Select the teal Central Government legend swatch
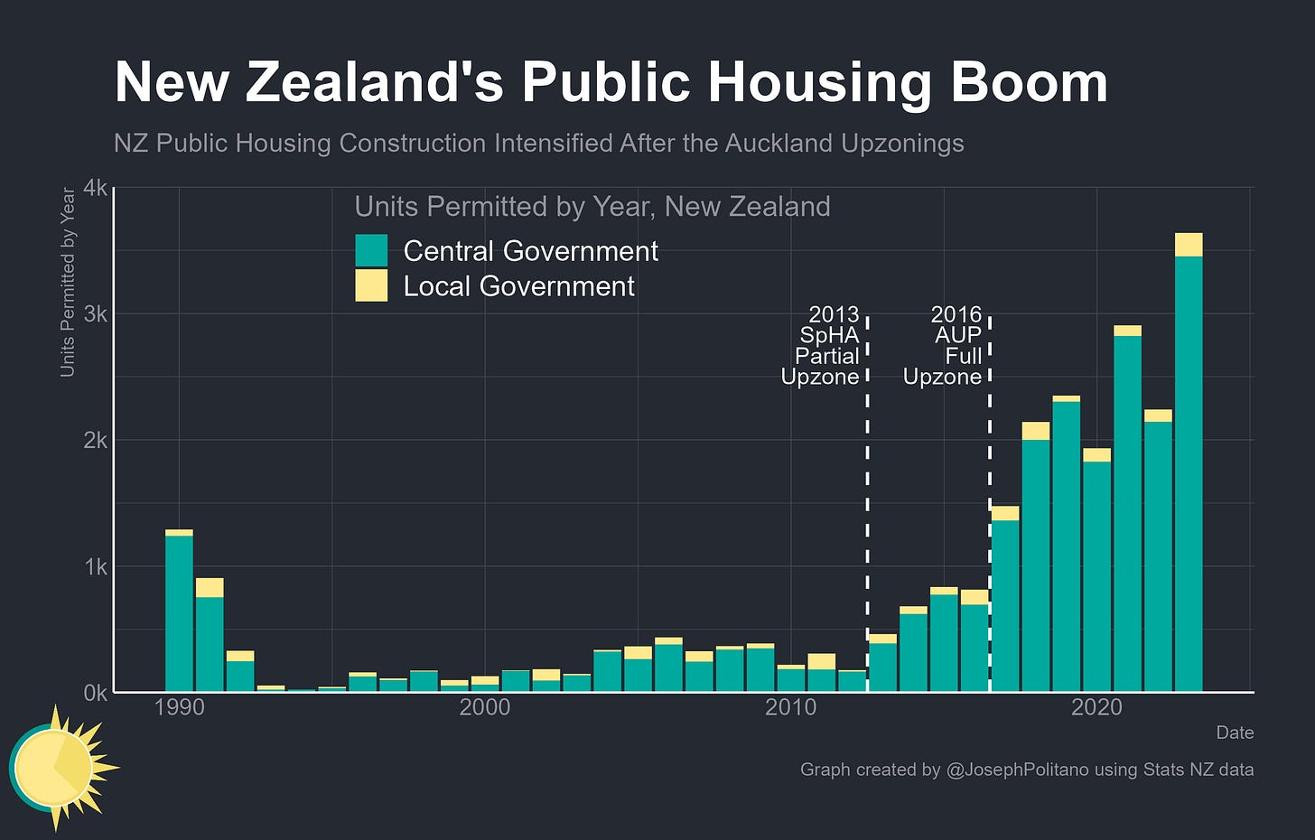click(371, 250)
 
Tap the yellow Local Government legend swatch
click(371, 285)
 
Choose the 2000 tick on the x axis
click(485, 706)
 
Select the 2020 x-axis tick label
click(1096, 706)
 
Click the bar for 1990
click(179, 614)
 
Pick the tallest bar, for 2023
click(1189, 470)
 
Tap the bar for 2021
click(1127, 515)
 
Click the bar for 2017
click(1005, 605)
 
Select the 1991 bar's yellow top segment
click(210, 587)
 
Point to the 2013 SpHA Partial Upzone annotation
click(822, 346)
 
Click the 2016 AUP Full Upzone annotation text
click(944, 346)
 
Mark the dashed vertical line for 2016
click(990, 497)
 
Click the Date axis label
click(1235, 733)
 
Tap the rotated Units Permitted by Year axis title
click(68, 282)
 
